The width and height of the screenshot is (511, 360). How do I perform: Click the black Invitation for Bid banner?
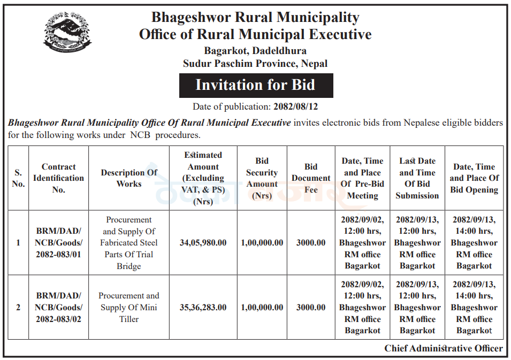click(x=256, y=85)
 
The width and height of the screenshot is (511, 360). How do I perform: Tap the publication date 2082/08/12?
click(x=296, y=106)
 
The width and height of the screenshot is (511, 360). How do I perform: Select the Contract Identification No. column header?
click(x=58, y=178)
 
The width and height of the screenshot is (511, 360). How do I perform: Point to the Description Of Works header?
click(x=129, y=178)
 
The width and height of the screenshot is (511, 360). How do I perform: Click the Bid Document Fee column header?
click(x=311, y=178)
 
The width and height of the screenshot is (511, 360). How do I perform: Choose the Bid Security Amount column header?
click(x=262, y=178)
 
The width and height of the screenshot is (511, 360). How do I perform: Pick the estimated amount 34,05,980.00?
click(x=203, y=243)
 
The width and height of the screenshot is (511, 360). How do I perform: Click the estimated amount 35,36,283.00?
click(x=203, y=308)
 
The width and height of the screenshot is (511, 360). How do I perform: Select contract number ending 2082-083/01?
click(x=58, y=243)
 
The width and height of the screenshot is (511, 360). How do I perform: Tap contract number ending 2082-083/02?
click(x=58, y=308)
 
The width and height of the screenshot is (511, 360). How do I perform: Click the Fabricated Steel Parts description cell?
click(x=129, y=243)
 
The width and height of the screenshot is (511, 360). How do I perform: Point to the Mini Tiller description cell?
click(x=129, y=308)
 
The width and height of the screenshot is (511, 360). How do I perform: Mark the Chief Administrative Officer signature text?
click(x=444, y=348)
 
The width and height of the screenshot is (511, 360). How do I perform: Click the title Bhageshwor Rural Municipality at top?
click(x=255, y=17)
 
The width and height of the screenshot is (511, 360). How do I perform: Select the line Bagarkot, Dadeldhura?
click(x=255, y=51)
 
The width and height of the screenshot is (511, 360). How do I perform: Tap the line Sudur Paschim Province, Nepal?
click(x=255, y=63)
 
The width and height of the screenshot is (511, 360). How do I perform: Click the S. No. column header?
click(x=18, y=178)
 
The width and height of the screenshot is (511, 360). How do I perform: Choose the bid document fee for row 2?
click(x=311, y=308)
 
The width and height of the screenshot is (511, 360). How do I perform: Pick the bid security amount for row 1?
click(x=262, y=243)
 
